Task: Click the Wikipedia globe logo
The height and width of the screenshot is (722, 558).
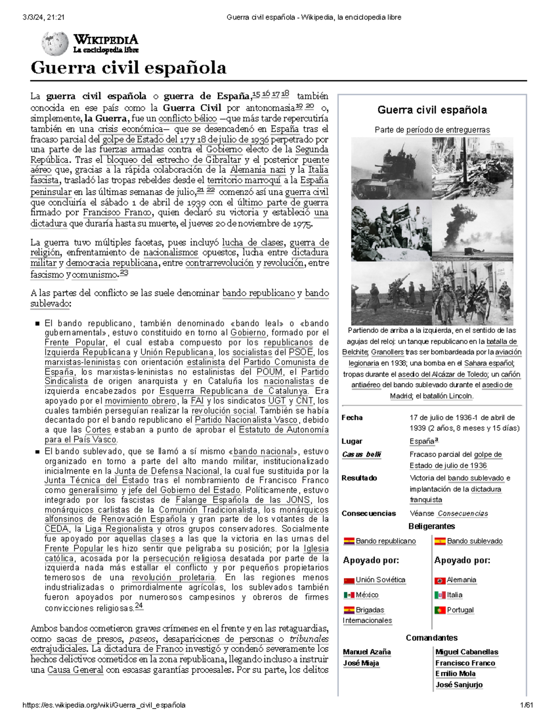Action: [55, 43]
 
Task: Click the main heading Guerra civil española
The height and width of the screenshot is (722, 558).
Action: [128, 68]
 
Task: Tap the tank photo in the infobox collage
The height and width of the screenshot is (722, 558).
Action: [391, 168]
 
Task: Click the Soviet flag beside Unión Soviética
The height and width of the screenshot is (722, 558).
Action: [349, 580]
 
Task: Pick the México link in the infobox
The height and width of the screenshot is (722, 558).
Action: [367, 595]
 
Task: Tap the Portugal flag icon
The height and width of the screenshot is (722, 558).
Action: [440, 610]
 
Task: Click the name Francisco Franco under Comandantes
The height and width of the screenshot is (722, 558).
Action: [465, 663]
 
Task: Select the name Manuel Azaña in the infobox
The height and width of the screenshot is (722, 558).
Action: [366, 652]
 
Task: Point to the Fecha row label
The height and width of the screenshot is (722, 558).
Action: [352, 417]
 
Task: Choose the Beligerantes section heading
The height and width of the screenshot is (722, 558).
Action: [432, 526]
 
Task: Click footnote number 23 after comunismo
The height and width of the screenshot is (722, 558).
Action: [124, 273]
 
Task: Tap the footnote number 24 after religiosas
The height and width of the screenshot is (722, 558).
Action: [139, 606]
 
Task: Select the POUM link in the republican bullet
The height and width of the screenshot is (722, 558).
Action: [269, 371]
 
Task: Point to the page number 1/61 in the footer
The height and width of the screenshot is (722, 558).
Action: [527, 705]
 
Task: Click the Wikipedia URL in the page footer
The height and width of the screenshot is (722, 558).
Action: [104, 705]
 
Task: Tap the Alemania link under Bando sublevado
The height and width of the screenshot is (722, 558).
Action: [461, 580]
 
